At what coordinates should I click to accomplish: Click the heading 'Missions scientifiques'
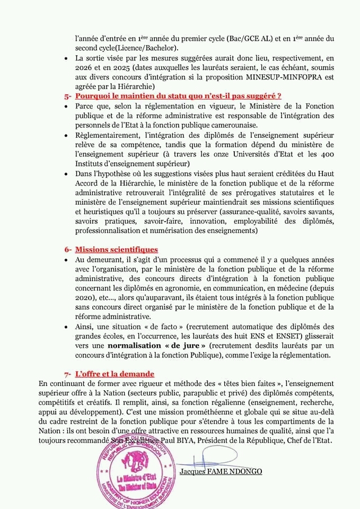pos(116,249)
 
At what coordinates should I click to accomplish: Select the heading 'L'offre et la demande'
pos(115,374)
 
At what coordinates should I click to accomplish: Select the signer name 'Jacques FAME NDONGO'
pos(220,471)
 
